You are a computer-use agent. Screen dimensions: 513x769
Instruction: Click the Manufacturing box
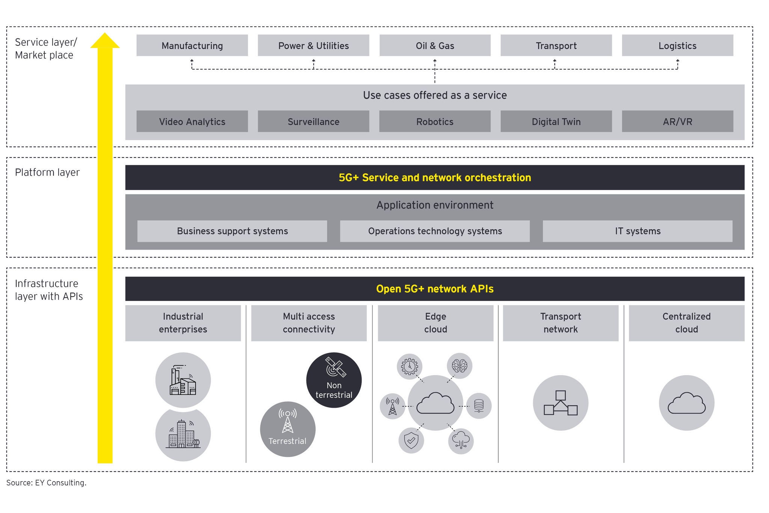click(192, 45)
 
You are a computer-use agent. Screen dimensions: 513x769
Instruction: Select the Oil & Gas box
click(435, 45)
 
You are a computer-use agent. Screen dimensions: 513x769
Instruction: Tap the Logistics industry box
click(677, 45)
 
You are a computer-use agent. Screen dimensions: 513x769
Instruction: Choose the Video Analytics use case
click(192, 121)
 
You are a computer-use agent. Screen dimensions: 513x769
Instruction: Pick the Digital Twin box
click(556, 121)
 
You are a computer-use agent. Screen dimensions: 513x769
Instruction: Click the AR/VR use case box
click(677, 121)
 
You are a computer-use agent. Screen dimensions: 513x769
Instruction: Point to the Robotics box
click(435, 121)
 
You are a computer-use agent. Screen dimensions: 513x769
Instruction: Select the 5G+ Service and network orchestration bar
click(435, 177)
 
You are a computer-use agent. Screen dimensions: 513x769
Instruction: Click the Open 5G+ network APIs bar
click(435, 289)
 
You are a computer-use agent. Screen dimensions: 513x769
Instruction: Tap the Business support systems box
click(232, 231)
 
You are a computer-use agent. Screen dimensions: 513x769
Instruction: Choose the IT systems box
click(638, 231)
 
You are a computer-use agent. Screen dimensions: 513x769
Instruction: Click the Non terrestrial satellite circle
click(334, 380)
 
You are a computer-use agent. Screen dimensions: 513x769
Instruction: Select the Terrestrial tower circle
click(288, 429)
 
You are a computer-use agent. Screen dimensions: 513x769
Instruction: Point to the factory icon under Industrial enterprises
click(183, 380)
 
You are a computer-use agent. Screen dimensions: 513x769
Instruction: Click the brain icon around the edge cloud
click(460, 366)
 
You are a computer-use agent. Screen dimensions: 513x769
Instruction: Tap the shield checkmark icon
click(411, 440)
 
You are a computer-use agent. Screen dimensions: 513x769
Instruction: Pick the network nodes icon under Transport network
click(561, 403)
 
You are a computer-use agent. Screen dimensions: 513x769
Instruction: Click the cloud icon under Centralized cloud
click(686, 403)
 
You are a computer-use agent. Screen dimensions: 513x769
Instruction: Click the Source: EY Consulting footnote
click(46, 483)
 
